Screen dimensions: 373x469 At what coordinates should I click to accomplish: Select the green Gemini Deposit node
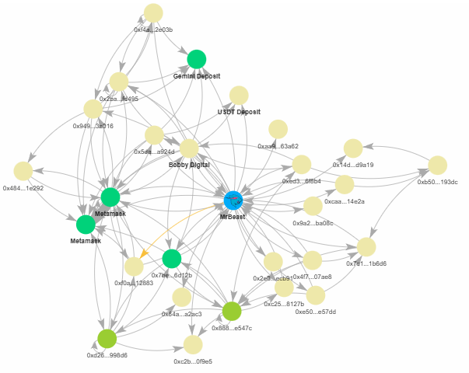pyautogui.click(x=196, y=59)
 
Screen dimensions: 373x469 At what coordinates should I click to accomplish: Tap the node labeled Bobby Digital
pyautogui.click(x=190, y=148)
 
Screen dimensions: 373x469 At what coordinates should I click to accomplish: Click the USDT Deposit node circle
pyautogui.click(x=238, y=96)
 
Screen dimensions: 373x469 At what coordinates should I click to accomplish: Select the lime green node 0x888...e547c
pyautogui.click(x=232, y=312)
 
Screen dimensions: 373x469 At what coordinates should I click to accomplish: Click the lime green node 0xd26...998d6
pyautogui.click(x=107, y=338)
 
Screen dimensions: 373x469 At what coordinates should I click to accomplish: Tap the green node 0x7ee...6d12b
pyautogui.click(x=172, y=259)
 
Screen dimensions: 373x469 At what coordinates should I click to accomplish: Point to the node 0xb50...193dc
pyautogui.click(x=438, y=165)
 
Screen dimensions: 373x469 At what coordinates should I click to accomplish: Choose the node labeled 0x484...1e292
pyautogui.click(x=23, y=171)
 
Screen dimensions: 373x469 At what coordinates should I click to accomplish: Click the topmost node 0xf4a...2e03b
pyautogui.click(x=153, y=12)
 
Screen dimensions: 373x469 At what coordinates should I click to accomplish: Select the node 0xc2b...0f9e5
pyautogui.click(x=193, y=344)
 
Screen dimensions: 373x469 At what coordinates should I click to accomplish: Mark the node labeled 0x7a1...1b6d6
pyautogui.click(x=366, y=246)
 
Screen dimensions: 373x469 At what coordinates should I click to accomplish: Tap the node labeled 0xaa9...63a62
pyautogui.click(x=278, y=129)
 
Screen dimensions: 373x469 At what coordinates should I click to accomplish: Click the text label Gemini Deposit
pyautogui.click(x=197, y=76)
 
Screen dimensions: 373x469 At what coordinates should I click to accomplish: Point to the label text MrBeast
pyautogui.click(x=233, y=217)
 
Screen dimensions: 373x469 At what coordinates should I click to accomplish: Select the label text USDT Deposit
pyautogui.click(x=238, y=112)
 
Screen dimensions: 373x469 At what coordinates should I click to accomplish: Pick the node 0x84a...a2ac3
pyautogui.click(x=181, y=297)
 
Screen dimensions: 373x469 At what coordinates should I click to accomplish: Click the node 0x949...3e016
pyautogui.click(x=93, y=109)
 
